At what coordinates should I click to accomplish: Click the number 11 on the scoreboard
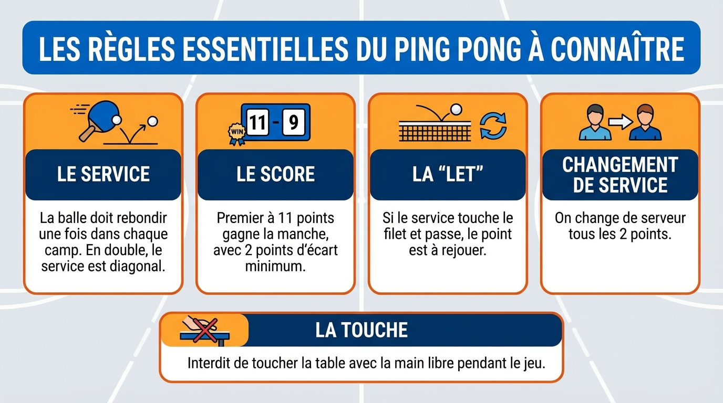(257, 123)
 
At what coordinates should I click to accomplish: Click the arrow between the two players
(620, 122)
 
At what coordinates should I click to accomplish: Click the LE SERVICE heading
(104, 175)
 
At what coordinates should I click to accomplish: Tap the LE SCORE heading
(275, 175)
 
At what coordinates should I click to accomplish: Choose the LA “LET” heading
(447, 175)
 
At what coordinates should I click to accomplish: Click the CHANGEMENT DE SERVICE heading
(620, 175)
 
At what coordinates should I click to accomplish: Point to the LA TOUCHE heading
(361, 330)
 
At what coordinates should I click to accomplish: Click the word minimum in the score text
(275, 266)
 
